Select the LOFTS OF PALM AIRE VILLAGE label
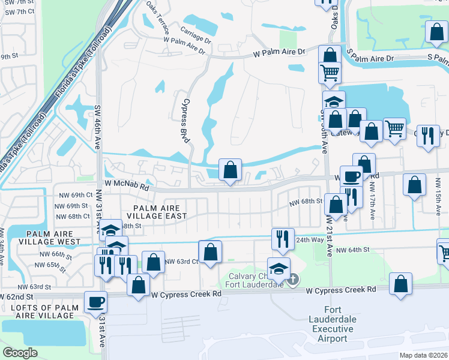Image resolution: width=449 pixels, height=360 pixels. pyautogui.click(x=41, y=311)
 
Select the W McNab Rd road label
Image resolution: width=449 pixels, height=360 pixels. pyautogui.click(x=126, y=185)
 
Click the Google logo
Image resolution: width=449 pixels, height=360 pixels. pyautogui.click(x=20, y=352)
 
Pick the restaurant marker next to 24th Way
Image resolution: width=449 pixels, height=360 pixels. pyautogui.click(x=281, y=238)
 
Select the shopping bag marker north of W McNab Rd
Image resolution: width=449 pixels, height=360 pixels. pyautogui.click(x=230, y=170)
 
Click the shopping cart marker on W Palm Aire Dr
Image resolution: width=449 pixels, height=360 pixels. pyautogui.click(x=330, y=73)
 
